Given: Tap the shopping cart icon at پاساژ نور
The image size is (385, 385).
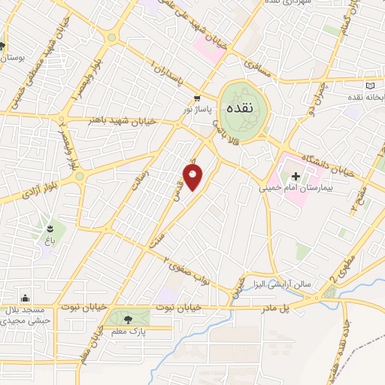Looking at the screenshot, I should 197,98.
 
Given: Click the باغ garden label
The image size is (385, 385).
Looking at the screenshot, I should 51,240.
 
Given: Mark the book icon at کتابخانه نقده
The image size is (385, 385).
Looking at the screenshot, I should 370,85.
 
